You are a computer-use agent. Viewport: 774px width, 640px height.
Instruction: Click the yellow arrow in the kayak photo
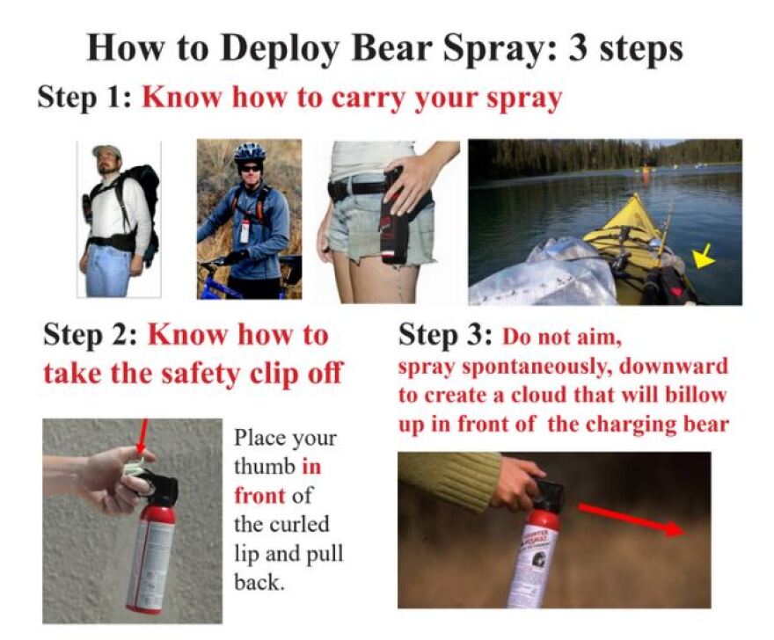704,258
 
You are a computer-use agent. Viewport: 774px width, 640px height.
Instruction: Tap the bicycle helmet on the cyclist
249,152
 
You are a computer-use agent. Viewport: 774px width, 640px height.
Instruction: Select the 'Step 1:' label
84,97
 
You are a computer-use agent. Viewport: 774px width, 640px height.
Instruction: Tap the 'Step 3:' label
446,335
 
